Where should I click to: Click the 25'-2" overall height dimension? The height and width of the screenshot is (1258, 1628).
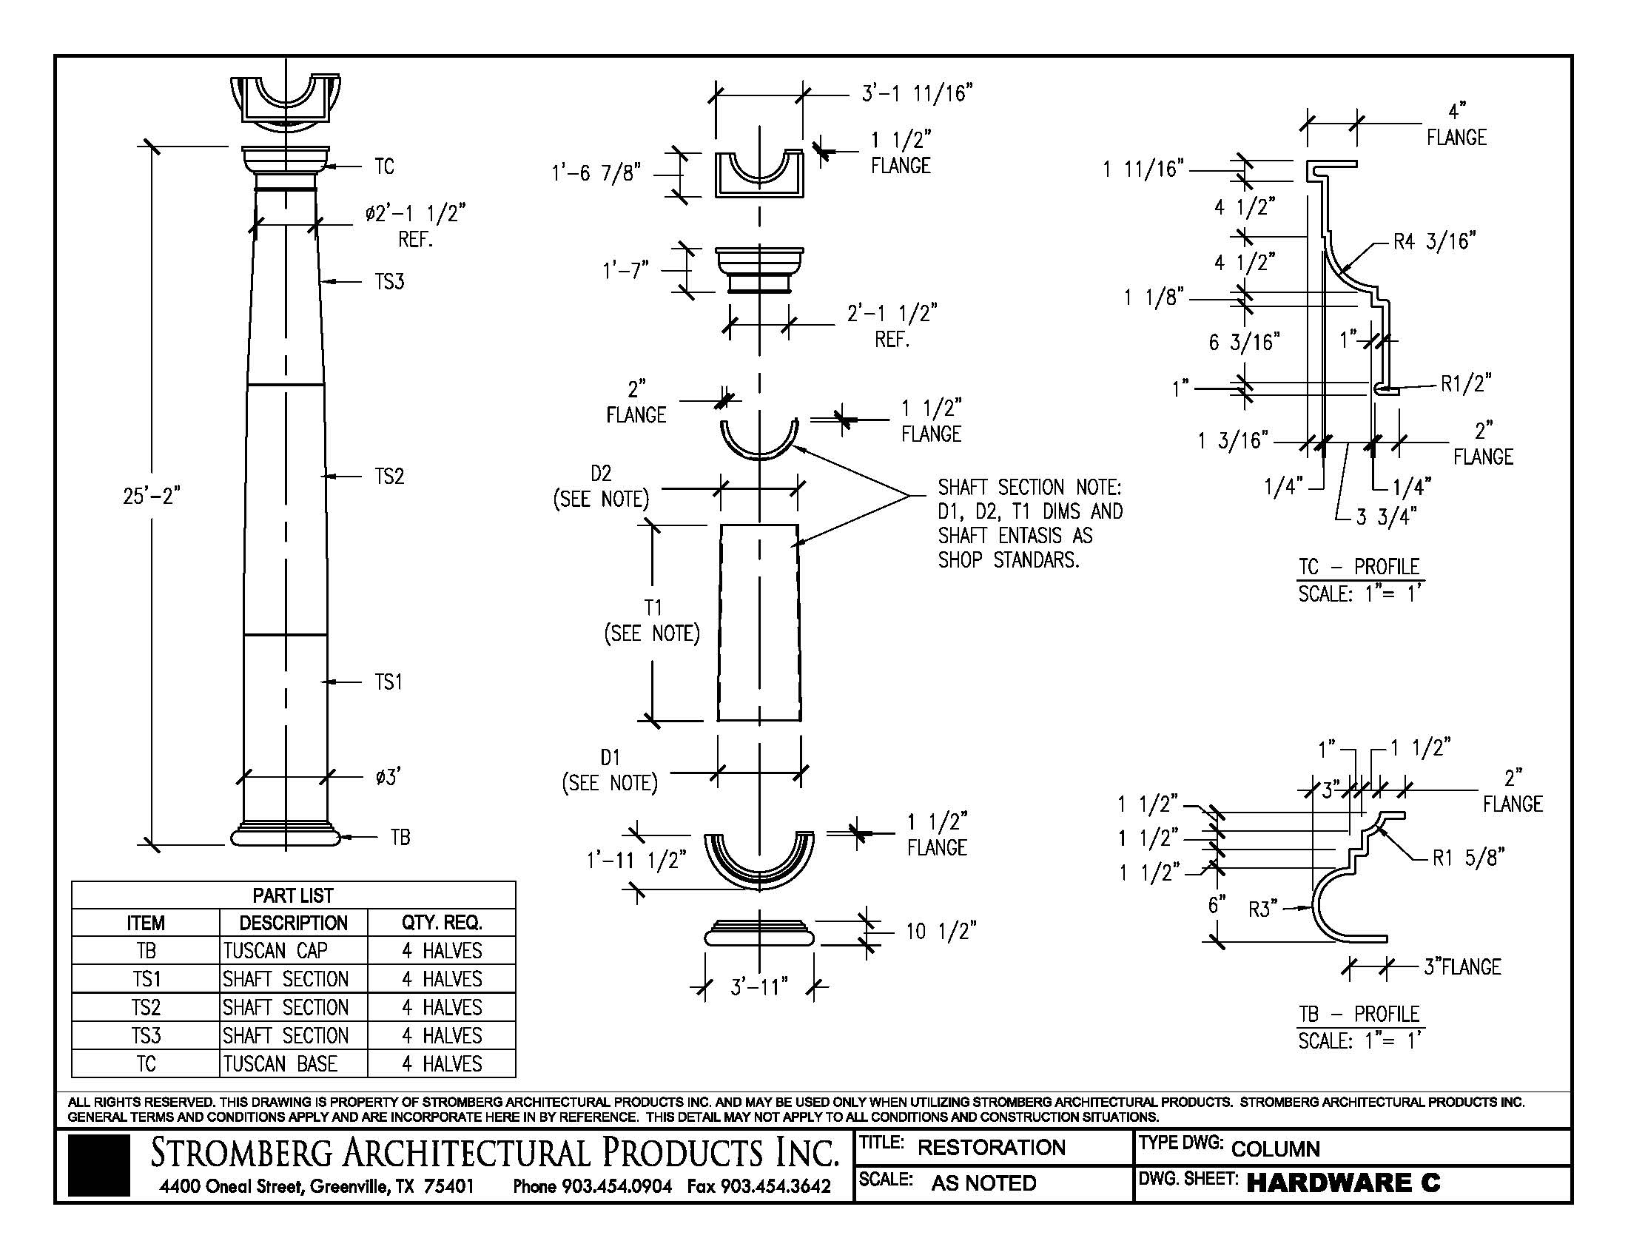tap(151, 496)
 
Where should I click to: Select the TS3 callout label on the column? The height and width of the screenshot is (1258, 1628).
tap(388, 282)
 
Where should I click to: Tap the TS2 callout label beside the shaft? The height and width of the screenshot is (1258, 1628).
tap(388, 477)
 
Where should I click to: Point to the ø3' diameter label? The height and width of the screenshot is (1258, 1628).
tap(388, 777)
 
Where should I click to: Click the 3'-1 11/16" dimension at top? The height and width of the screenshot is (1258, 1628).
tap(917, 94)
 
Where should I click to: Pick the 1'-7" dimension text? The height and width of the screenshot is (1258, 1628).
tap(625, 270)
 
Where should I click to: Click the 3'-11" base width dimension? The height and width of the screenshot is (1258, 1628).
tap(758, 988)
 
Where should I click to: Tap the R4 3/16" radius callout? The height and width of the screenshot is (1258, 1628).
tap(1434, 241)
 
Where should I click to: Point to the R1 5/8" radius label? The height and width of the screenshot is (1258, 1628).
tap(1467, 858)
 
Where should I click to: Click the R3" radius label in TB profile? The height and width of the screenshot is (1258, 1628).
tap(1262, 909)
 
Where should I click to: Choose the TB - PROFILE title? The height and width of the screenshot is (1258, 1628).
tap(1358, 1015)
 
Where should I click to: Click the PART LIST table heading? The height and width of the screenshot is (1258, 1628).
tap(293, 896)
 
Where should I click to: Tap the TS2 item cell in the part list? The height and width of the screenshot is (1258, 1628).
tap(146, 1008)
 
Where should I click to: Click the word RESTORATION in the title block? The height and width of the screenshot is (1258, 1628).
tap(991, 1148)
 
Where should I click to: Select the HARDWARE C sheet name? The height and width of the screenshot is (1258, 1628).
tap(1343, 1183)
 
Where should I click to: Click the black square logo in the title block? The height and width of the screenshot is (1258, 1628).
tap(98, 1165)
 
